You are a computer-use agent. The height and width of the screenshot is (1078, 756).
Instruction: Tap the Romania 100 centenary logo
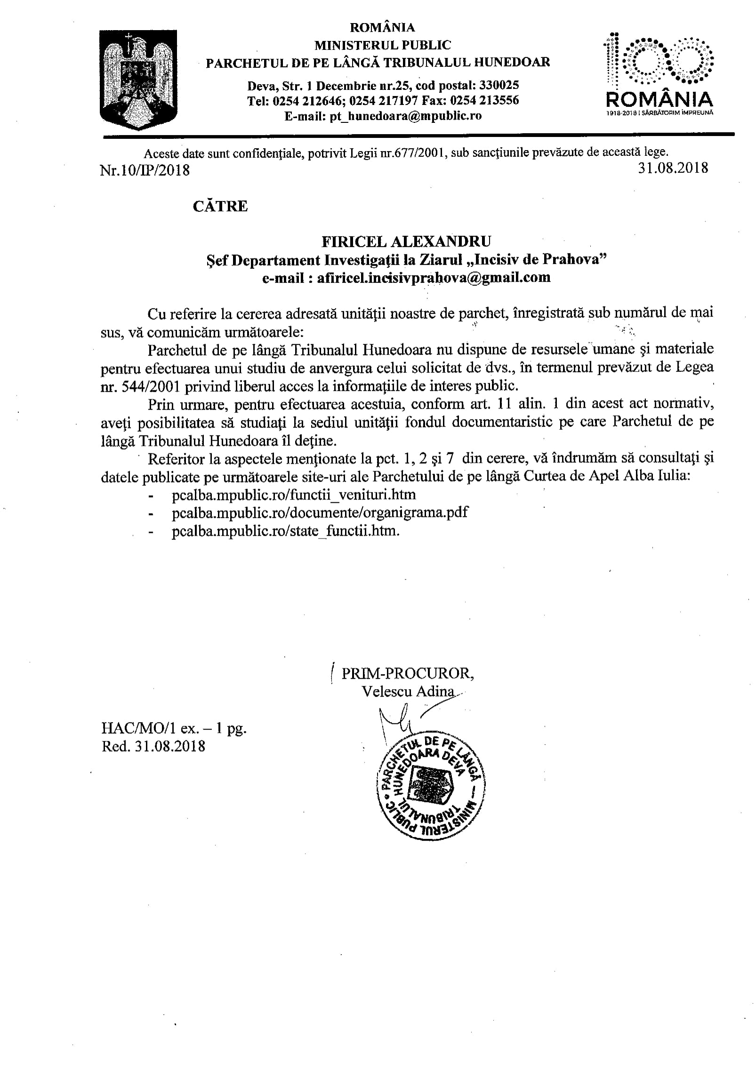coord(659,75)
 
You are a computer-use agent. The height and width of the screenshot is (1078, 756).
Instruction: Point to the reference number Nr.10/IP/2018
coord(145,170)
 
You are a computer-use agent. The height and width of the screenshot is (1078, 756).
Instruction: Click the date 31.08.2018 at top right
coord(673,168)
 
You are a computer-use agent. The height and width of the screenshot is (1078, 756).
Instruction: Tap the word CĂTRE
coord(220,206)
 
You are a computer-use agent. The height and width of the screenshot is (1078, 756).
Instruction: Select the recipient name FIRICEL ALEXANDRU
coord(406,241)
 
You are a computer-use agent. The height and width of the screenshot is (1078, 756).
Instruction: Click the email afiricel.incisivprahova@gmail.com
coord(406,277)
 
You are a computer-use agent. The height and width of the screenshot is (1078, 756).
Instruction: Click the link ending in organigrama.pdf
coord(320,512)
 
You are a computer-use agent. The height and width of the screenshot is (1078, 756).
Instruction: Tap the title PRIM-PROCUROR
coord(408,674)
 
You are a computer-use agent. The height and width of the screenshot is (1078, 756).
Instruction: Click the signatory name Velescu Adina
coord(408,691)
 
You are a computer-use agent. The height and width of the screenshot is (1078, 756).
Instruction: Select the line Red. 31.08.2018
coord(153,746)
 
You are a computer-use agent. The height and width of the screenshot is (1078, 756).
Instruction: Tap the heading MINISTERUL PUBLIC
coord(382,45)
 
